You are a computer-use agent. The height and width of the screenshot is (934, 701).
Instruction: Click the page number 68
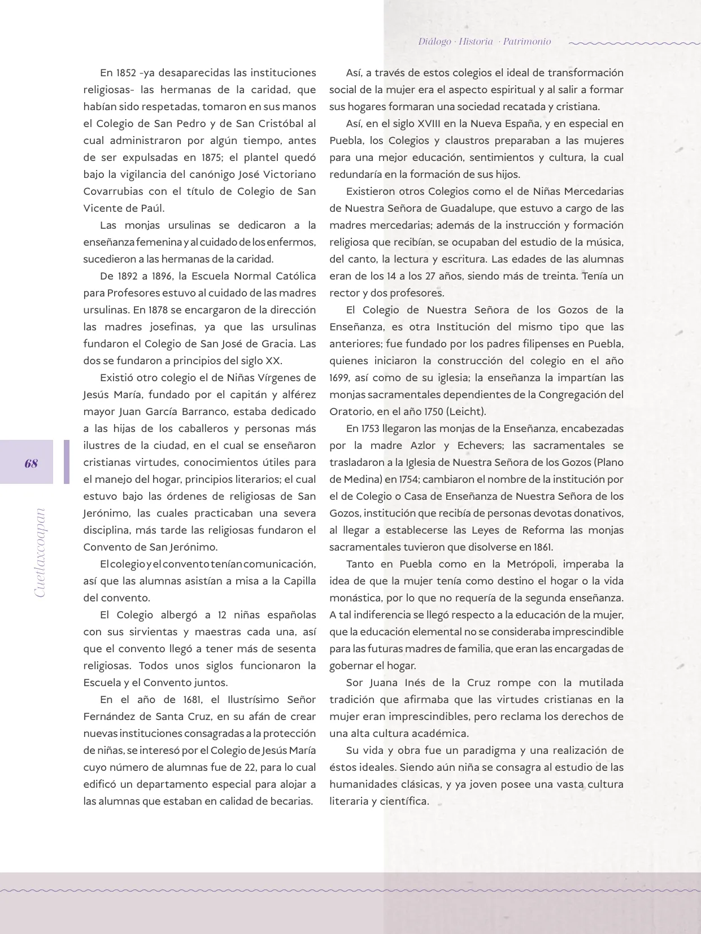point(31,464)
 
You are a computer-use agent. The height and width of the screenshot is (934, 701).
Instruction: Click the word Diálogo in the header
point(435,41)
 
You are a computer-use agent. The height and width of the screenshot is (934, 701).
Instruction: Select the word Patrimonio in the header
point(527,41)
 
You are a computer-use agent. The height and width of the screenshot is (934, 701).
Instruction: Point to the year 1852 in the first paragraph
point(127,73)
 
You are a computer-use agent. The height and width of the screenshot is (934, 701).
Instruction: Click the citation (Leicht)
point(467,412)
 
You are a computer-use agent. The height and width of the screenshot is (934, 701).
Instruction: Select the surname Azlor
point(431,446)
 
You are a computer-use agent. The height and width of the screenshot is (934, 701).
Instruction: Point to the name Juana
point(386,683)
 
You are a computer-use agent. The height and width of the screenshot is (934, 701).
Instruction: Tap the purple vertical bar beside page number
point(67,462)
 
